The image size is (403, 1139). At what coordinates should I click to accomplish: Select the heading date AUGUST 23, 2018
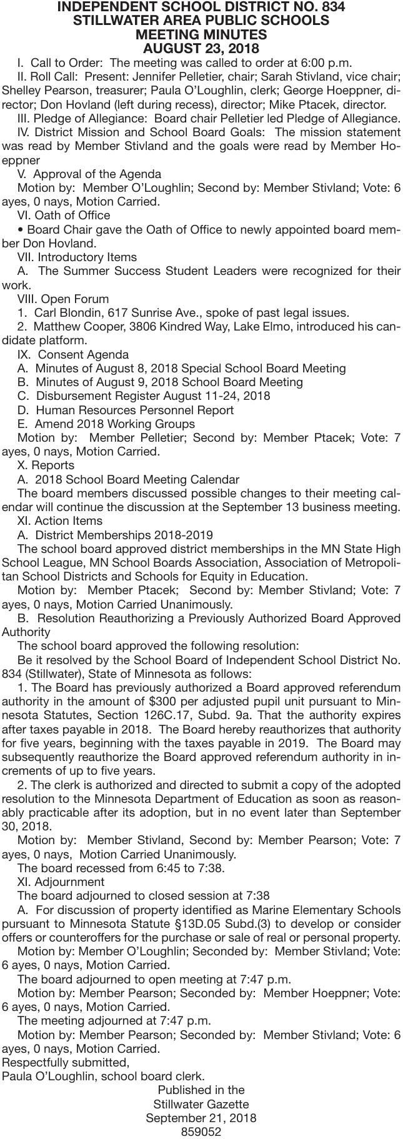click(201, 49)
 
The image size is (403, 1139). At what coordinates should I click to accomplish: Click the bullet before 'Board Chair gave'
click(21, 230)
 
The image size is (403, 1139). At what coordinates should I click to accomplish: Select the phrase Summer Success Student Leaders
click(161, 271)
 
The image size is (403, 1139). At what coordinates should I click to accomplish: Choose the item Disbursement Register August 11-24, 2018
click(153, 396)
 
